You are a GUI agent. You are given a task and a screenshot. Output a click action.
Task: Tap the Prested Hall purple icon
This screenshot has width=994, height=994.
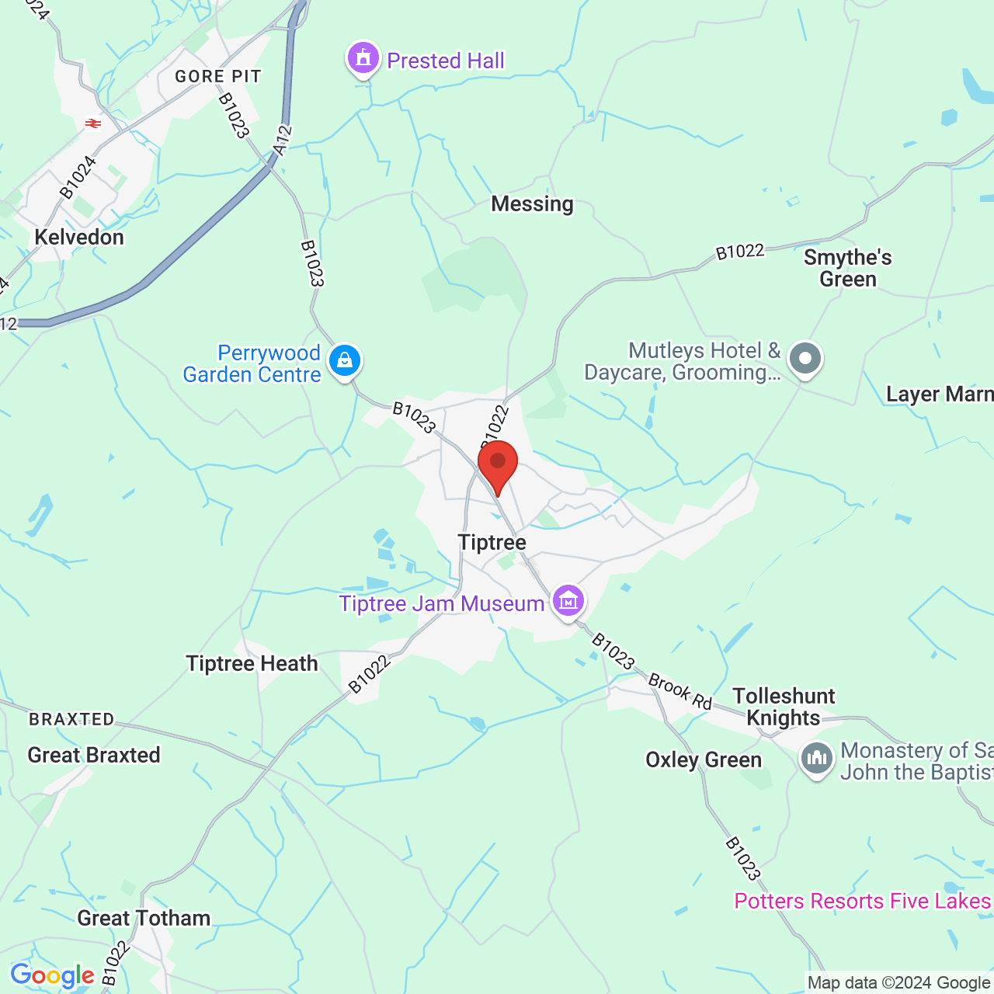[363, 58]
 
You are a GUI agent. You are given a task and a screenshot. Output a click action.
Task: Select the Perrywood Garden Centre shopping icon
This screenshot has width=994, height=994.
[345, 360]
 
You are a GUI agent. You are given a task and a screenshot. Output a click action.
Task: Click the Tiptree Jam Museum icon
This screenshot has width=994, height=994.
[568, 600]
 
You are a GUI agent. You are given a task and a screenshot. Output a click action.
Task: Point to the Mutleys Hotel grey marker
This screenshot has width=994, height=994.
[805, 359]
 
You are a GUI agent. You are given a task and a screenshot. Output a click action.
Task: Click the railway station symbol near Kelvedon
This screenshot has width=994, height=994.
[93, 123]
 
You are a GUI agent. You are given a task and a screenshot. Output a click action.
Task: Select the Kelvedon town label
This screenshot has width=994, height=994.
[79, 237]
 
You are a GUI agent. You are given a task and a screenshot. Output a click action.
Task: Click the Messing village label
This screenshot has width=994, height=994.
[533, 203]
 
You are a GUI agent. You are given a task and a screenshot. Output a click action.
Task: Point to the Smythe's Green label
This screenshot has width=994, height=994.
[848, 268]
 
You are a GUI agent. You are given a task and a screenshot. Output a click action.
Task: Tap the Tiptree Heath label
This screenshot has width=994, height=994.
[252, 664]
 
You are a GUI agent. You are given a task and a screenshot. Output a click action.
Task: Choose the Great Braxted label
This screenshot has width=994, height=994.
[94, 755]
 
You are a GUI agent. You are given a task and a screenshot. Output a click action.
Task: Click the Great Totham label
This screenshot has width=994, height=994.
[144, 918]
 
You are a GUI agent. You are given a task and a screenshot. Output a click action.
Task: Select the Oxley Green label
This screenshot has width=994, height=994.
[704, 759]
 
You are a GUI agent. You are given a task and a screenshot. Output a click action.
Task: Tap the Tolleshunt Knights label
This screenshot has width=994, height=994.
[784, 707]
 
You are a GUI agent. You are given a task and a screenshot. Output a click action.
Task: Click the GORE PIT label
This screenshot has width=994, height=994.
[218, 76]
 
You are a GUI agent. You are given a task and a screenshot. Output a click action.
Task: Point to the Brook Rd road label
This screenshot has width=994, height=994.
[680, 691]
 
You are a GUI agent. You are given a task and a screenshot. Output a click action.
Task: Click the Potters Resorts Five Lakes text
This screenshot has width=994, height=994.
[862, 901]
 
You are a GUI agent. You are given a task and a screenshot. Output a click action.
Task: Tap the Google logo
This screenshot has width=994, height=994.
[52, 975]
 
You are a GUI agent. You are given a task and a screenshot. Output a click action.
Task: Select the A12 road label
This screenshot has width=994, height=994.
[283, 140]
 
